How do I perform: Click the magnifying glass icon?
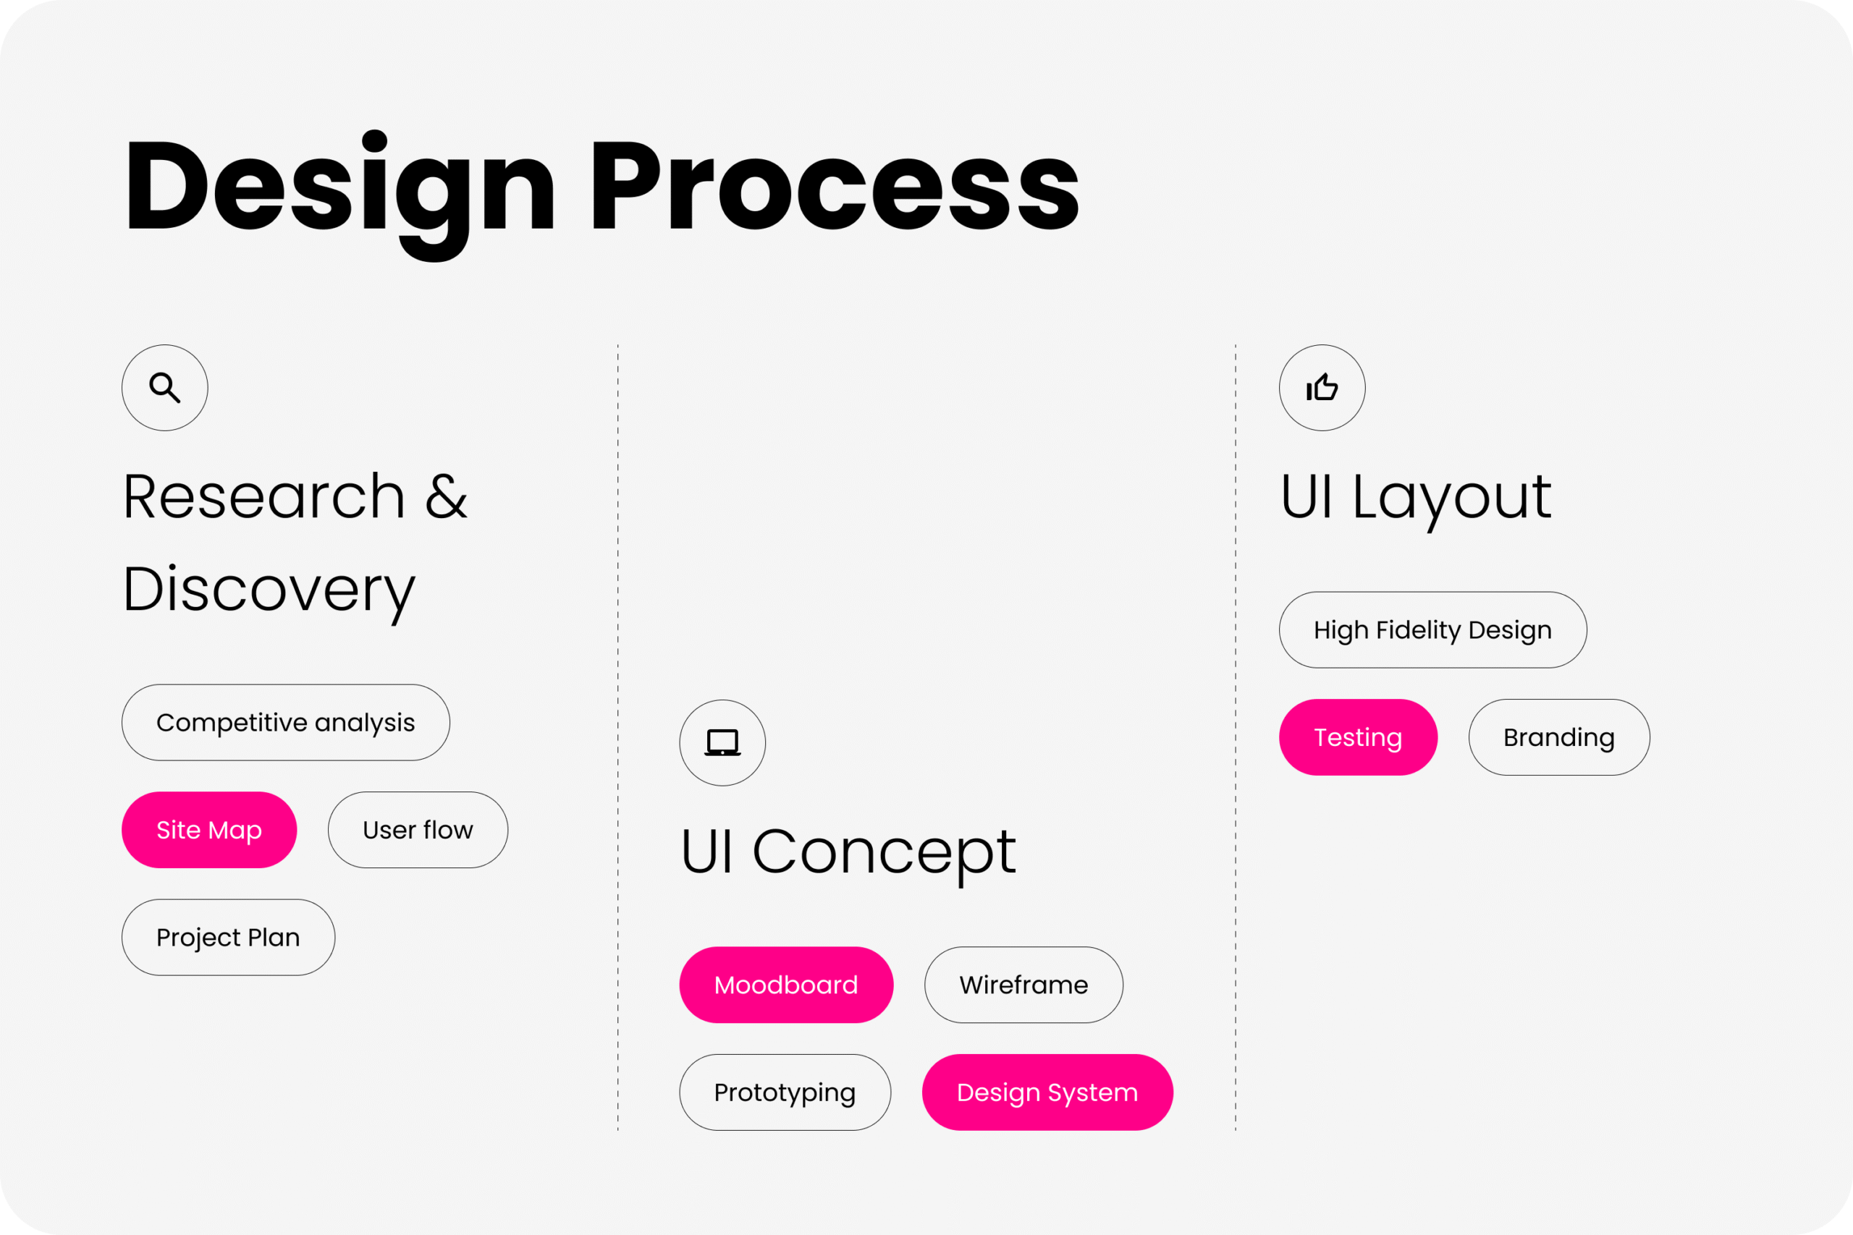(164, 388)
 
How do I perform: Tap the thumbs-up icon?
(1322, 387)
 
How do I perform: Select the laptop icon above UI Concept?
(722, 743)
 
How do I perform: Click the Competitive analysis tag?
(286, 722)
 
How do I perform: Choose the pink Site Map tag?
(208, 830)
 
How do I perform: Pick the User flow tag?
(418, 830)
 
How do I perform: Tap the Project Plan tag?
(229, 937)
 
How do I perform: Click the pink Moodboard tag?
(786, 985)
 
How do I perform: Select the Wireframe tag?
(1023, 985)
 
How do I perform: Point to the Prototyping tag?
(785, 1092)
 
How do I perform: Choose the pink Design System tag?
(1047, 1092)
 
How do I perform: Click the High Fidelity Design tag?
(1432, 630)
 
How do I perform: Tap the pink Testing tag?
(1358, 737)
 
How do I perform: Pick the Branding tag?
(1559, 737)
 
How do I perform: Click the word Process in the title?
(835, 186)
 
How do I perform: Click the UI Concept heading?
(848, 854)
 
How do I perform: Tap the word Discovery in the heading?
(269, 593)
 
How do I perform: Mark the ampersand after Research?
(446, 497)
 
